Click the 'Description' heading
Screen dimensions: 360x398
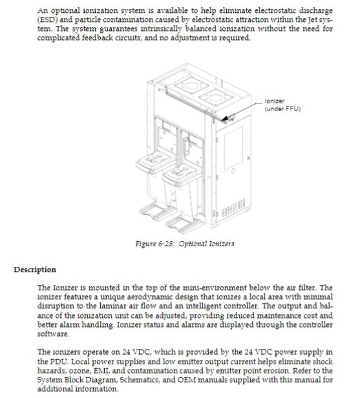pyautogui.click(x=35, y=269)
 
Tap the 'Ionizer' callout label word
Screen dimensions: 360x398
pyautogui.click(x=275, y=101)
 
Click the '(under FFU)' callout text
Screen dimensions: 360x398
pyautogui.click(x=282, y=109)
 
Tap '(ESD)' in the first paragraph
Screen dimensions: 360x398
pyautogui.click(x=47, y=20)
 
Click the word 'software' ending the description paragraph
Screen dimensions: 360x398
pyautogui.click(x=53, y=334)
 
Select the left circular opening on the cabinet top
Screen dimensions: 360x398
pyautogui.click(x=192, y=86)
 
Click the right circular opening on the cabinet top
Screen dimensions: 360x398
pyautogui.click(x=215, y=97)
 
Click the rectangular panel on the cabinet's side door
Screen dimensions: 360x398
pyautogui.click(x=233, y=149)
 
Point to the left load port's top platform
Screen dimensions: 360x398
pyautogui.click(x=154, y=162)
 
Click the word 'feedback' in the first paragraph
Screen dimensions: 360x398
pyautogui.click(x=97, y=38)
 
